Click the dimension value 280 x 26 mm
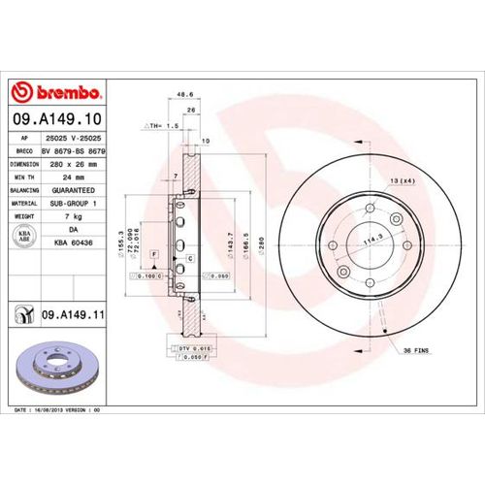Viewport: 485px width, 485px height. [74, 165]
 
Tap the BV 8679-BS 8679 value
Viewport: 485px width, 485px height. [74, 151]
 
